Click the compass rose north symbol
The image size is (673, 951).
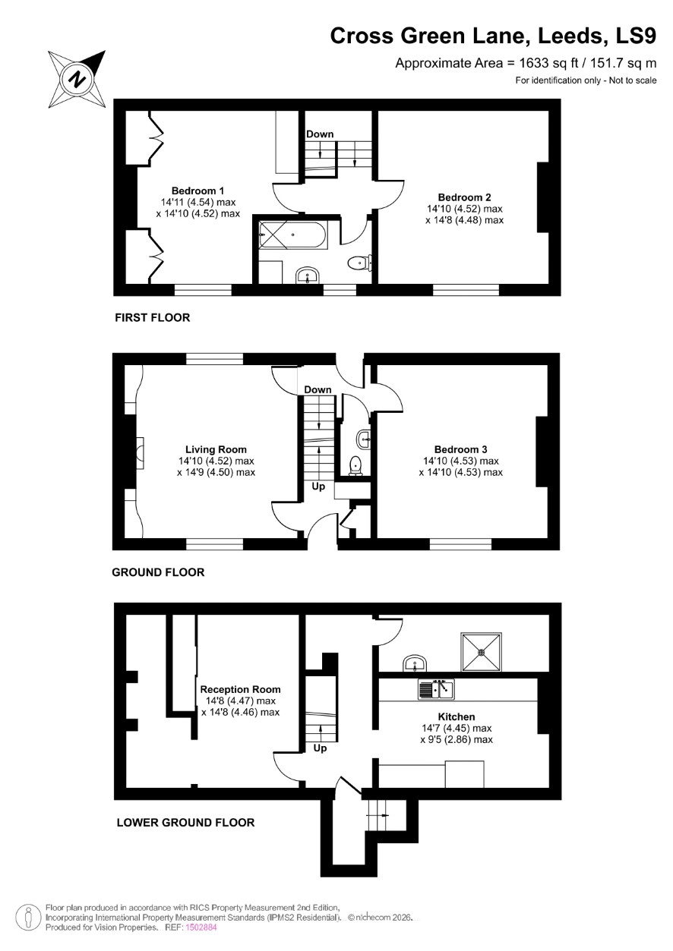77,79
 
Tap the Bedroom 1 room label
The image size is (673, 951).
197,191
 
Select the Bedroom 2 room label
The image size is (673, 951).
464,197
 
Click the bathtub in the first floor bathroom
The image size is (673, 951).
292,235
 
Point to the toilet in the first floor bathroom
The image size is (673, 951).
359,263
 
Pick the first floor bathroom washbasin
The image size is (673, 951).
307,275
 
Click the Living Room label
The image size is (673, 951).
216,449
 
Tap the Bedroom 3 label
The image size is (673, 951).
460,449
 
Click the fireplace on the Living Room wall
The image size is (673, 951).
140,453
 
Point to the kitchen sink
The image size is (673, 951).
436,689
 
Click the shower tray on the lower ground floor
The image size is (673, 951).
482,652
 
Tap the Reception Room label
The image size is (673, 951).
241,689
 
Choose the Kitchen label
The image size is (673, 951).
457,716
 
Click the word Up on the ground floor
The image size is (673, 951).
318,486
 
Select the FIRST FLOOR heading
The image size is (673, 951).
153,317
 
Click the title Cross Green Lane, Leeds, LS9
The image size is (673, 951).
493,36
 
